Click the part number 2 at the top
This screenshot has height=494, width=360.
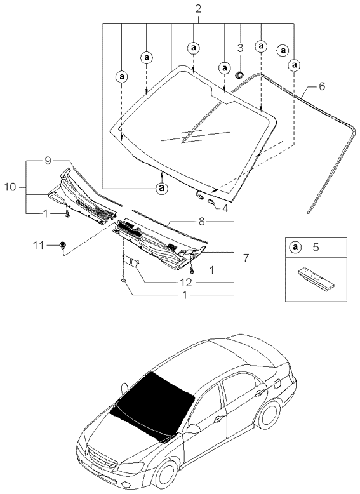(x=198, y=9)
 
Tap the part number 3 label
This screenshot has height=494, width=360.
(x=240, y=48)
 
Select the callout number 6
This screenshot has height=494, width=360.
(x=322, y=86)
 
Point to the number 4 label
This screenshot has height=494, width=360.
(x=225, y=208)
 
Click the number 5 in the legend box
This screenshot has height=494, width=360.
(x=316, y=247)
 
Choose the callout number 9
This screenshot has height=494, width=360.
(x=47, y=161)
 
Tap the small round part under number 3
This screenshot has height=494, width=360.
(x=239, y=75)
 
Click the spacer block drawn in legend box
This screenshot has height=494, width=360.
(x=316, y=278)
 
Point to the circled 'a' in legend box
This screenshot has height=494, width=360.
(x=295, y=247)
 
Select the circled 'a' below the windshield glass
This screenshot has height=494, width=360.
(x=162, y=188)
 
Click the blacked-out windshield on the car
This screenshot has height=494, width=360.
(x=154, y=405)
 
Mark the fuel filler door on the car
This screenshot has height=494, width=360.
(x=278, y=384)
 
